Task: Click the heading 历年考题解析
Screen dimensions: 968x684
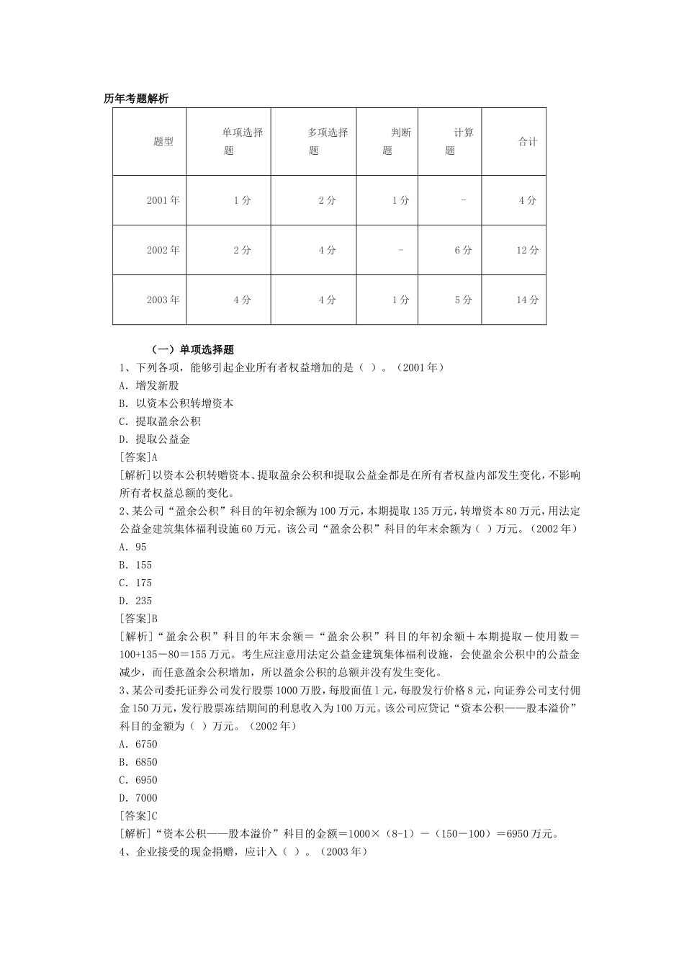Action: tap(136, 99)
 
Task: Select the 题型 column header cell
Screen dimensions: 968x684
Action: tap(163, 142)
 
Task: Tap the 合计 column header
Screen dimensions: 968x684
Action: tap(528, 142)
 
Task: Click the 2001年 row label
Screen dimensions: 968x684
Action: tap(163, 200)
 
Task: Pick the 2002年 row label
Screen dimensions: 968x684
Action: tap(163, 250)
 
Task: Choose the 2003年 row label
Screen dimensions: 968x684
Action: tap(163, 300)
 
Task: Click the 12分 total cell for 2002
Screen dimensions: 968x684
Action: tap(528, 250)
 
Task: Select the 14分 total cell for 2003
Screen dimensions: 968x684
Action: tap(528, 300)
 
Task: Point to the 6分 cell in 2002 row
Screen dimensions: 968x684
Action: tap(463, 250)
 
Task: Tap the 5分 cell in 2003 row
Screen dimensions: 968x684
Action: tap(463, 300)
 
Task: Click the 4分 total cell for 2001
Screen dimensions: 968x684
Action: tap(528, 200)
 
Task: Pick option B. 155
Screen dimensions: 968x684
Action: tap(136, 565)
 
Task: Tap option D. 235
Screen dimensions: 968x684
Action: tap(136, 601)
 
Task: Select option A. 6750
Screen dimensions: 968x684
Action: tap(138, 744)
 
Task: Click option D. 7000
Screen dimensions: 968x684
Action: tap(138, 798)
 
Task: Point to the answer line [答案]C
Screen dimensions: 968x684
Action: tap(138, 816)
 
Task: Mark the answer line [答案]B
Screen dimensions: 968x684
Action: tap(138, 619)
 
